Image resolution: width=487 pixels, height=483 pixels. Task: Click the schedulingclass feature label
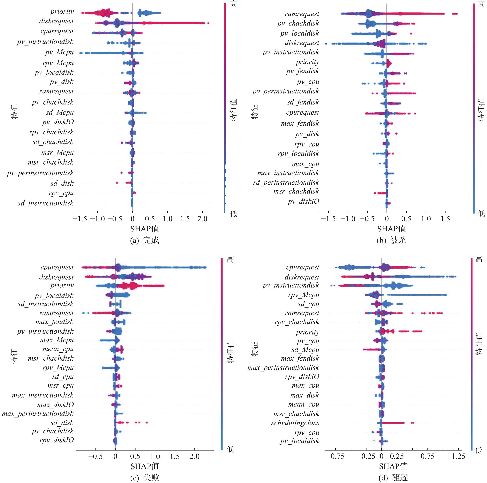[295, 423]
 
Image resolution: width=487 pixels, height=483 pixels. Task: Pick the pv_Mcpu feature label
[60, 52]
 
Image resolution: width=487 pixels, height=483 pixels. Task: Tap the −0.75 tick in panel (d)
[335, 456]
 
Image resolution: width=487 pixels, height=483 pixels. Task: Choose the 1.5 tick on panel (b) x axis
[445, 219]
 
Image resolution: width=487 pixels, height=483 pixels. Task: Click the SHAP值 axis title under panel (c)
[144, 466]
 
